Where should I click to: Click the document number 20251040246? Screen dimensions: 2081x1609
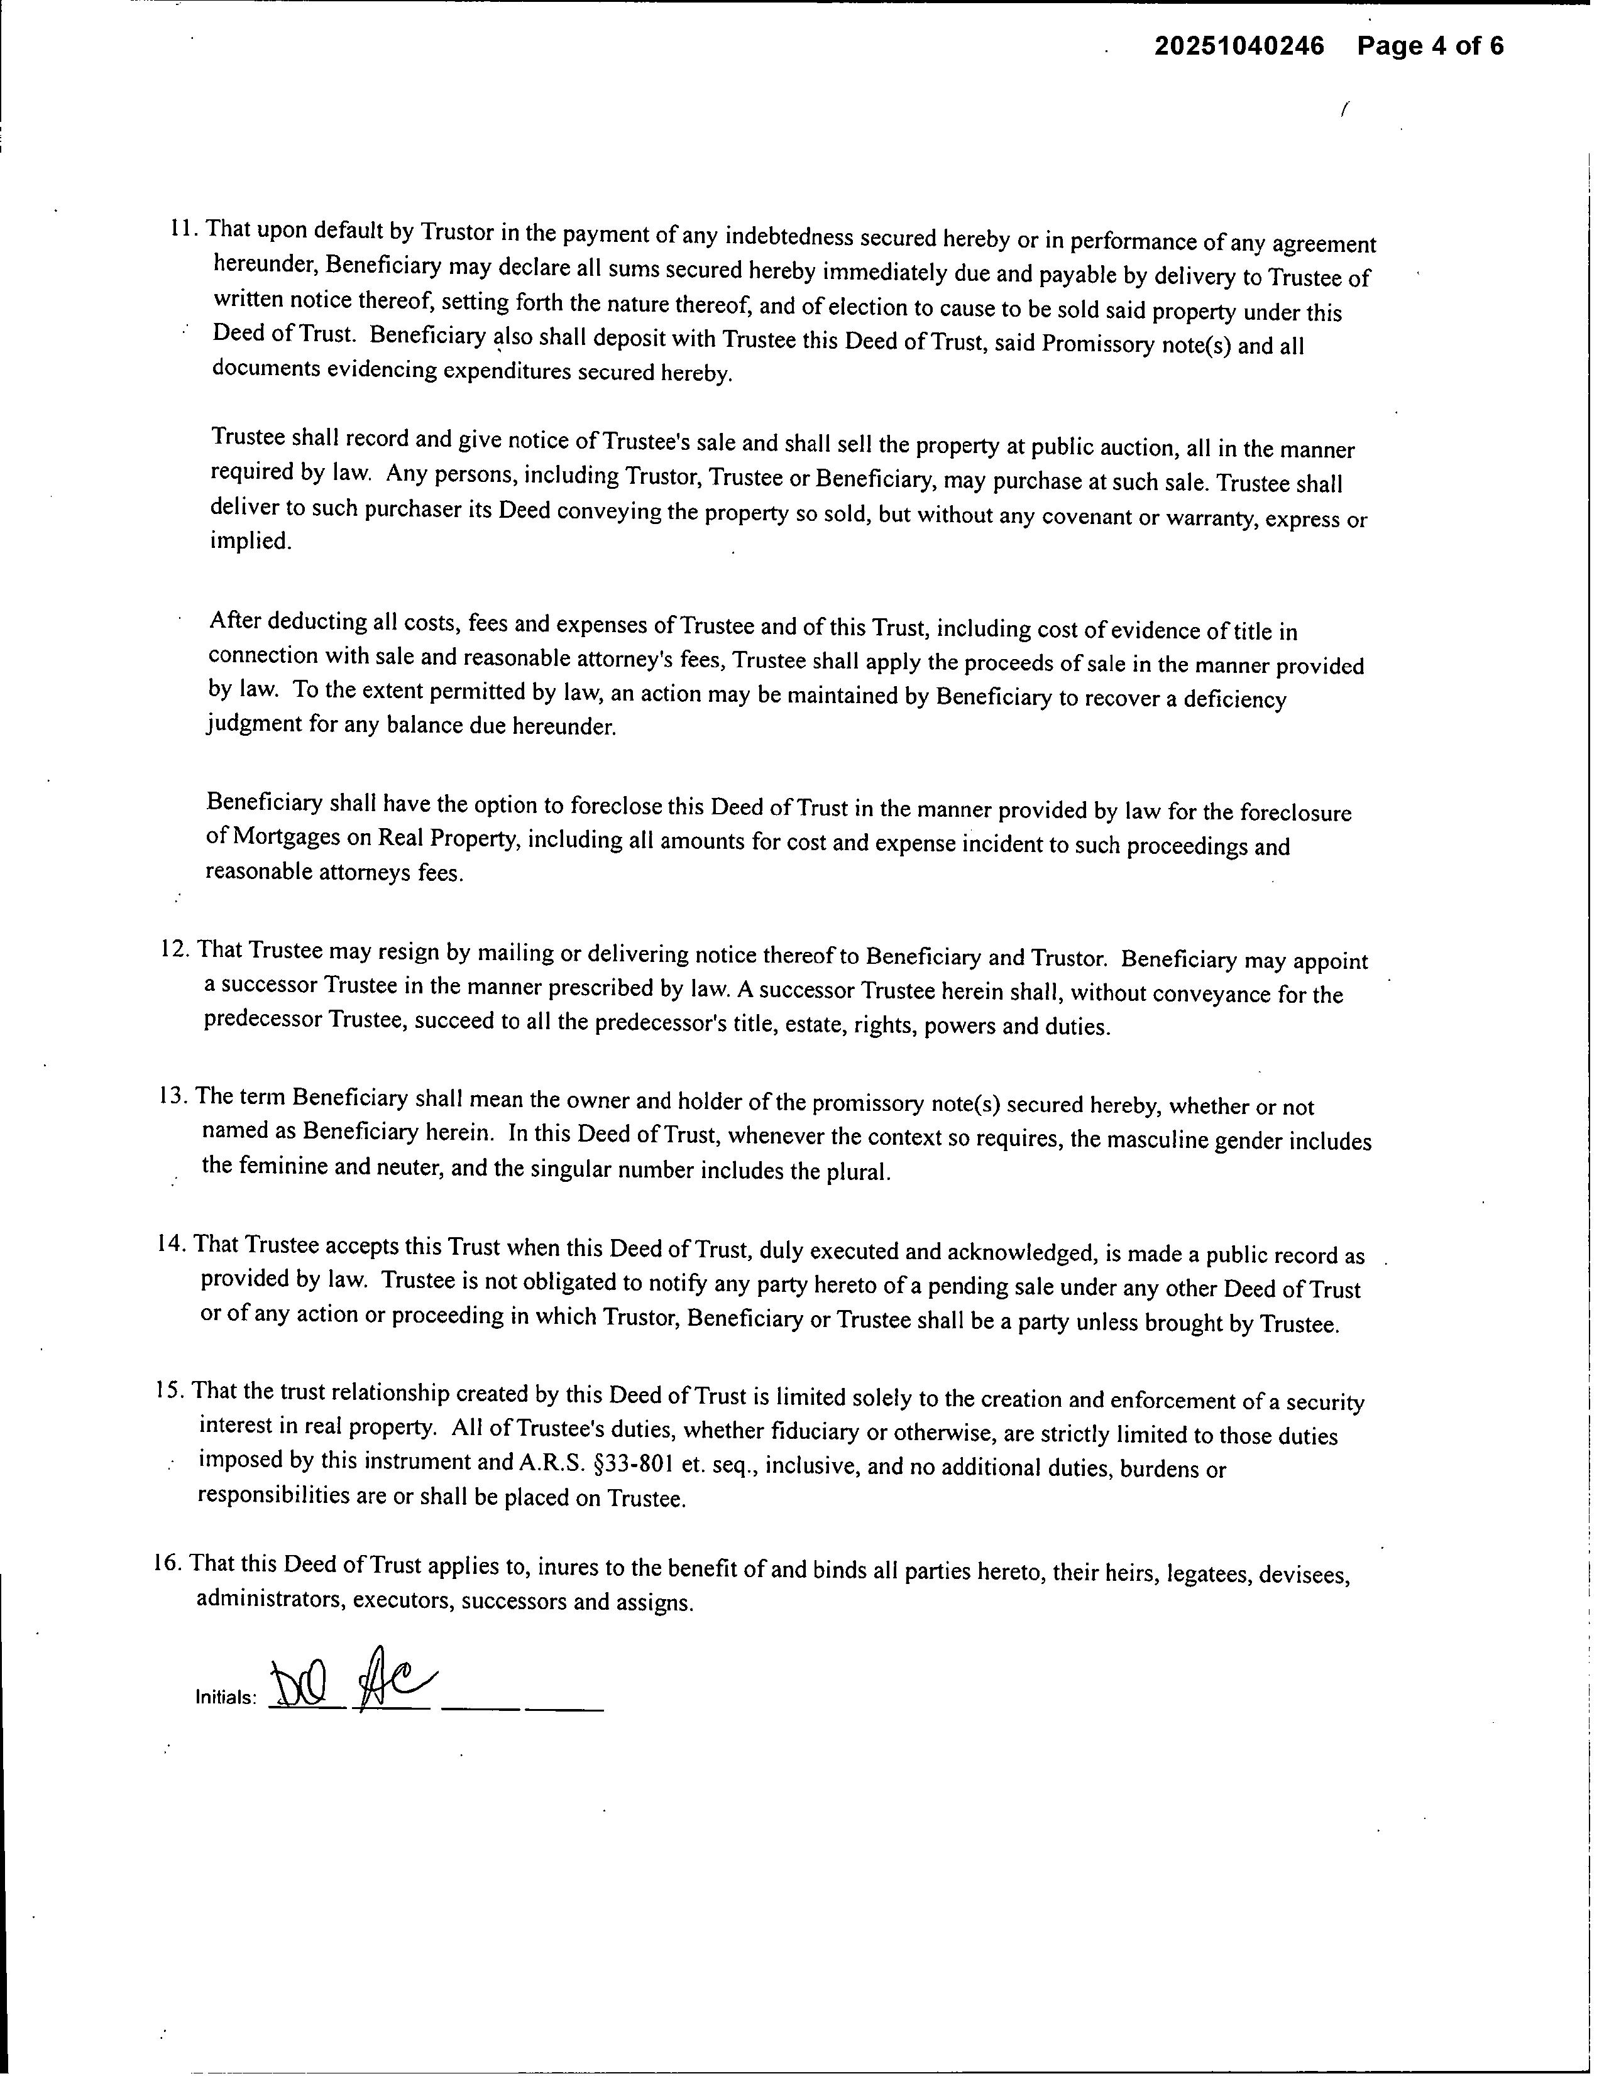coord(1239,46)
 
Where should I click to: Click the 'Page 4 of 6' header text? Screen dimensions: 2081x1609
coord(1430,46)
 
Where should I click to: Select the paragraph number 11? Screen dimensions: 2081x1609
coord(183,229)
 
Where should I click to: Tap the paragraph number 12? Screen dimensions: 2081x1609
coord(177,950)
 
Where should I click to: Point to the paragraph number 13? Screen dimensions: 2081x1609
coord(175,1096)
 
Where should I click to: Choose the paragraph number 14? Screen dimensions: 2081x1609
coord(173,1245)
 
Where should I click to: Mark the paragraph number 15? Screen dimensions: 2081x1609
coord(170,1390)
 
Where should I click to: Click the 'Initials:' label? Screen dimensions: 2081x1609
coord(226,1697)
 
